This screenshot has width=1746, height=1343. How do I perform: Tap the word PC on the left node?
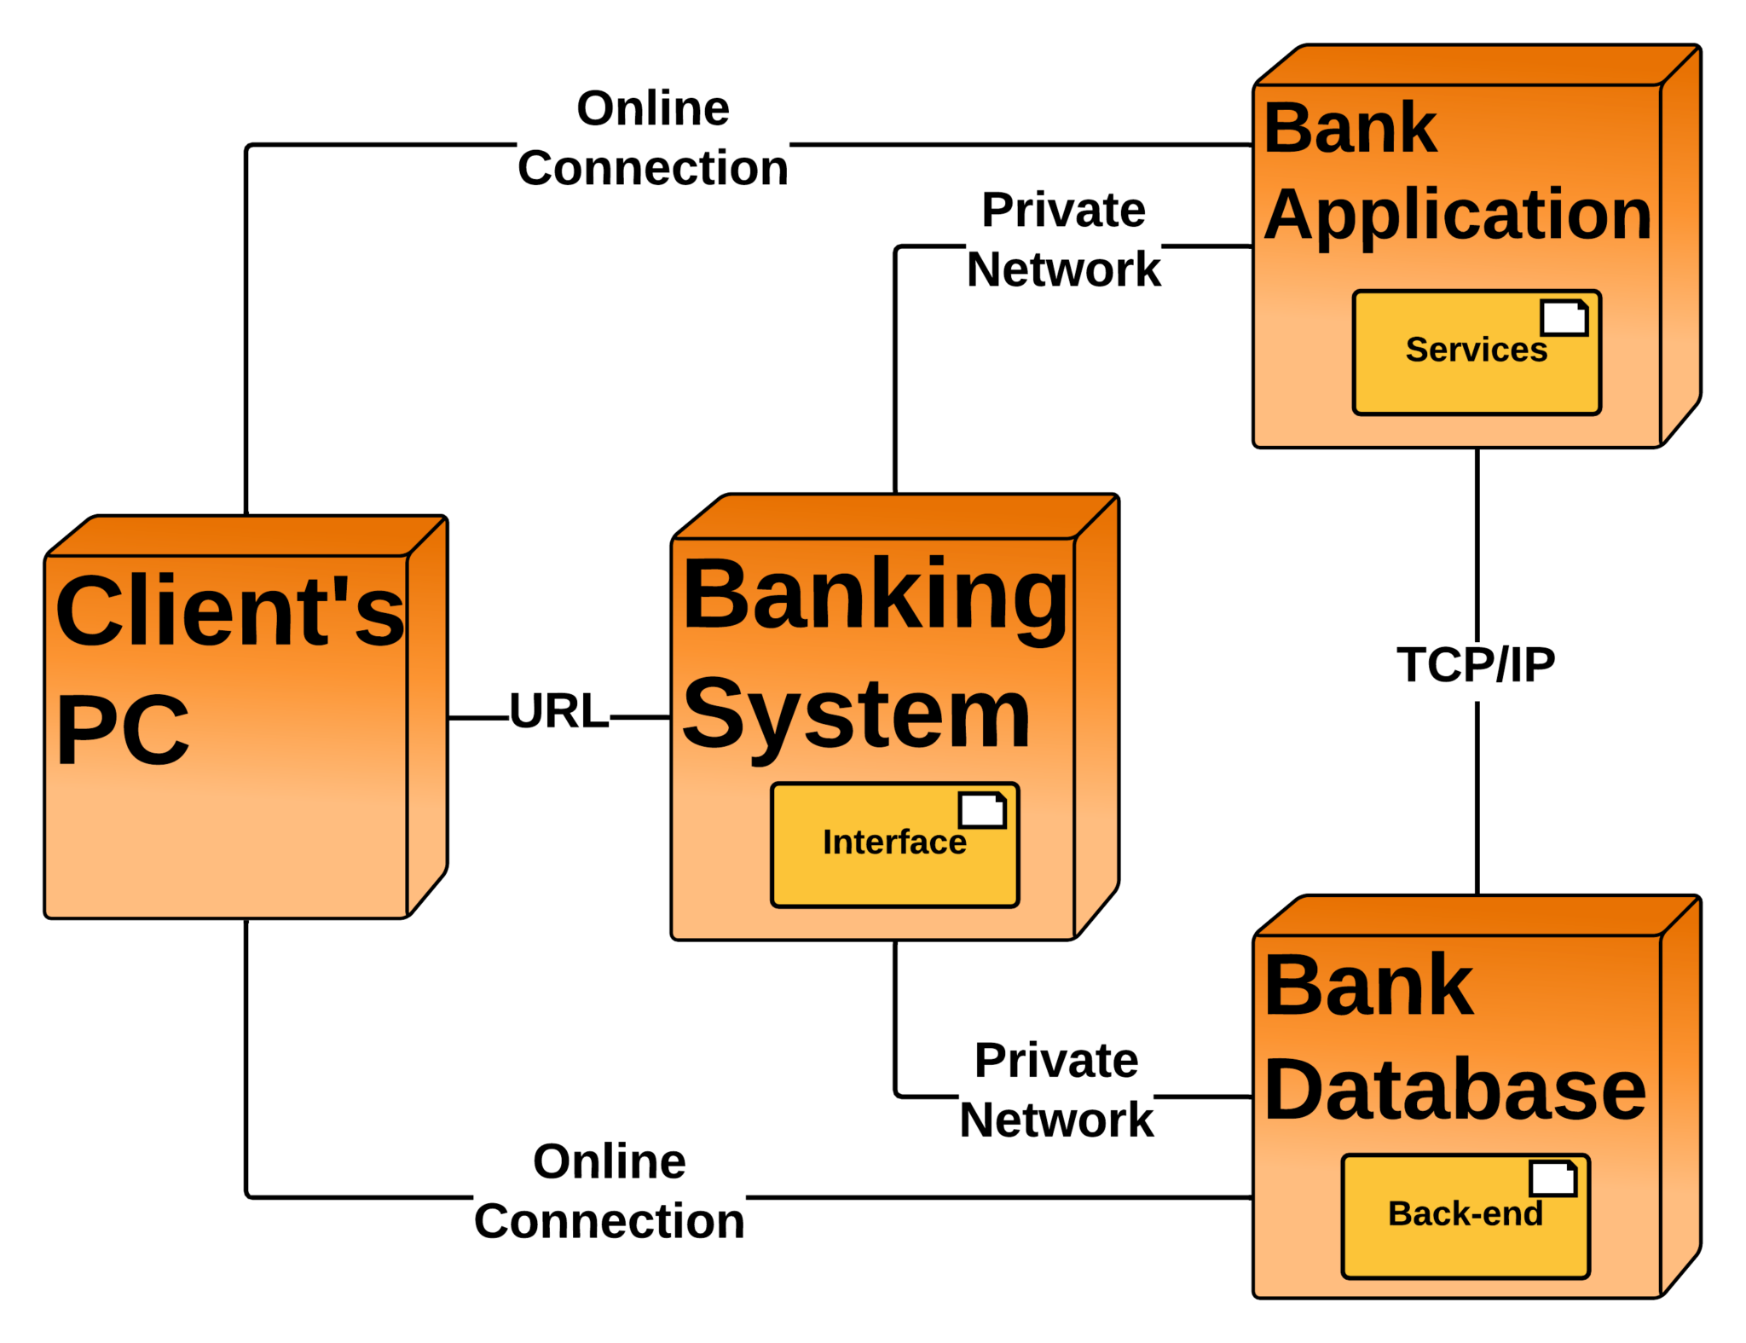coord(122,730)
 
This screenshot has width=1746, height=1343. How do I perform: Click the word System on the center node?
coord(856,715)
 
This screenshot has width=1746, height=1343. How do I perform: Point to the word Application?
coord(1457,214)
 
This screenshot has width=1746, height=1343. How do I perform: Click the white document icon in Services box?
coord(1564,317)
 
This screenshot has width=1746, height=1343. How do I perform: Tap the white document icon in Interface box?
coord(982,810)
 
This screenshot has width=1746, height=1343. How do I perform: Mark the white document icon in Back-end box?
coord(1552,1179)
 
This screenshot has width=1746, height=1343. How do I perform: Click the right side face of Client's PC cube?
coord(426,716)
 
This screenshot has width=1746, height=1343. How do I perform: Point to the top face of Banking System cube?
coord(895,517)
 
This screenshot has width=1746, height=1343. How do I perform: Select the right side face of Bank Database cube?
coord(1680,1100)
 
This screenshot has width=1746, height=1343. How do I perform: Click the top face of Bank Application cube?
coord(1479,66)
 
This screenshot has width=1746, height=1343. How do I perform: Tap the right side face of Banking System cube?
coord(1096,716)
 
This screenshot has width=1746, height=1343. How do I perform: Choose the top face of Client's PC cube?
coord(247,536)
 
